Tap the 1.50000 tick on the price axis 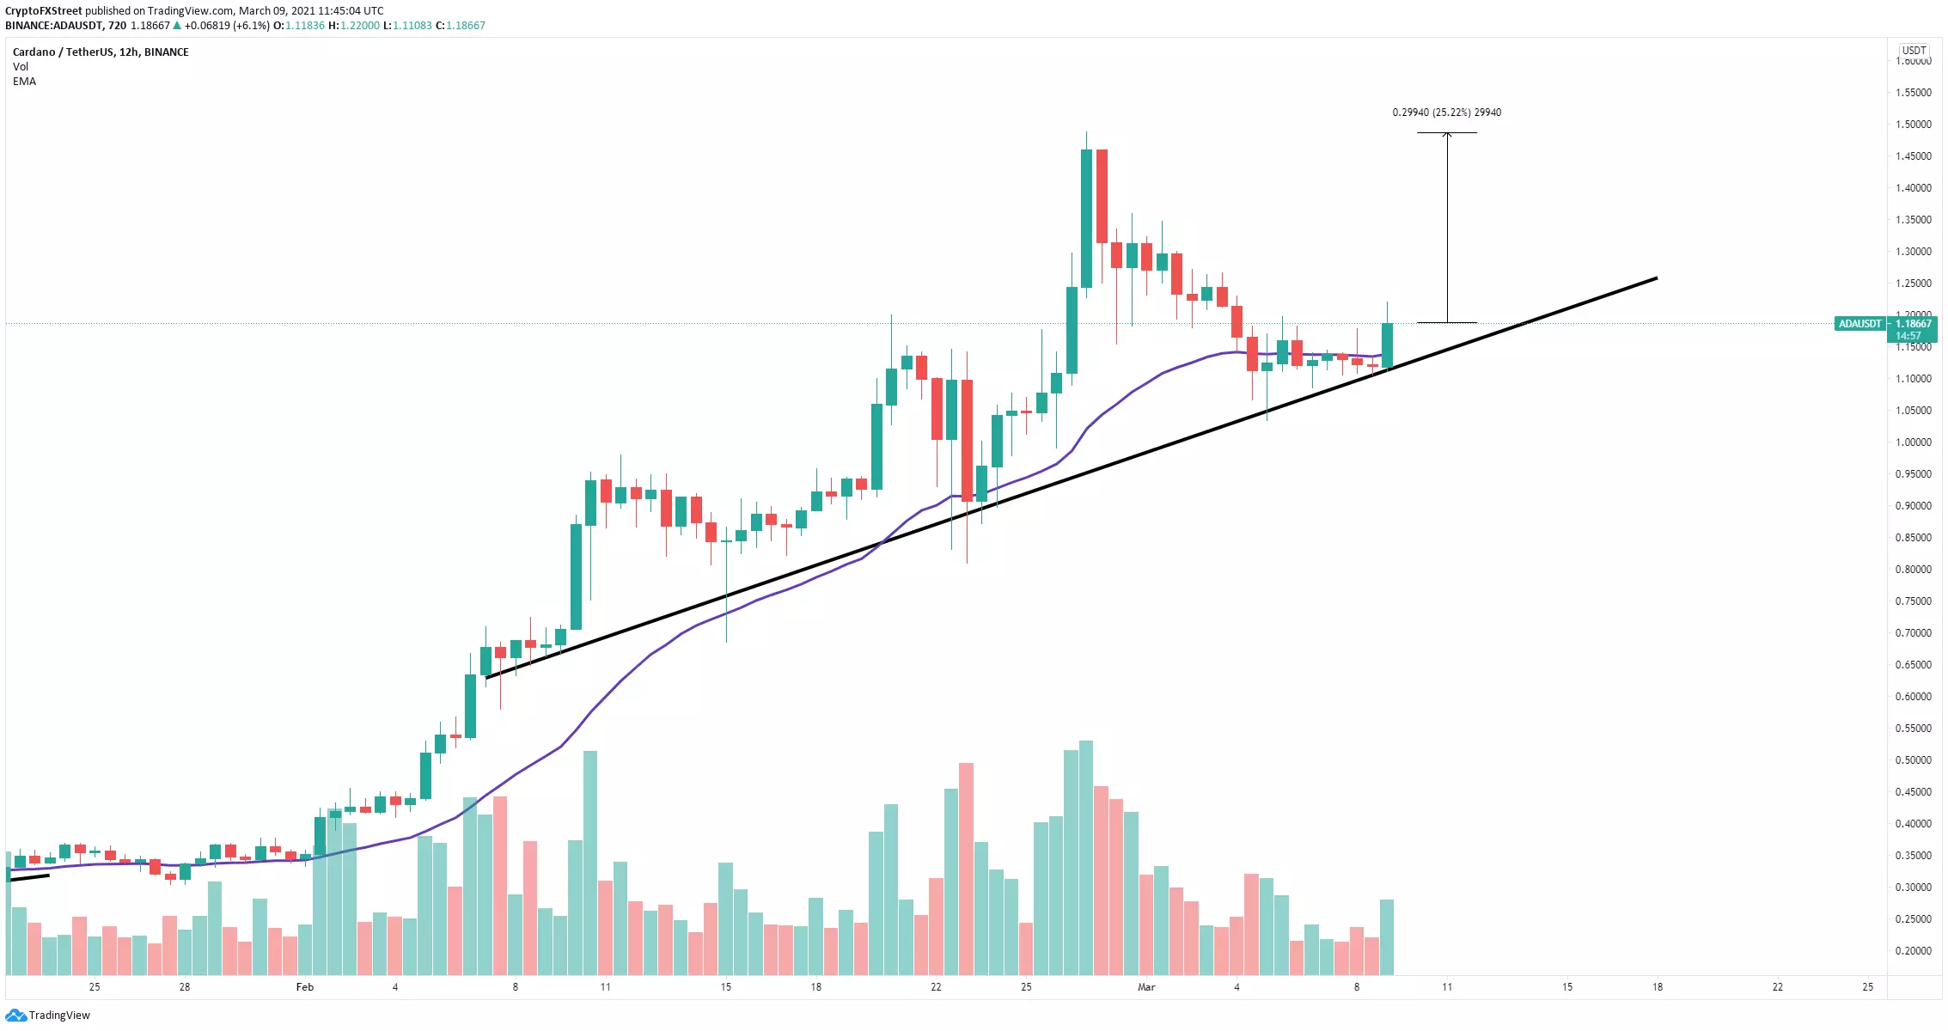point(1913,125)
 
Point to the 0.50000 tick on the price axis point(1913,760)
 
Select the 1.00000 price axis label point(1913,442)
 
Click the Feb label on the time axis point(305,987)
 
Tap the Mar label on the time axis point(1146,987)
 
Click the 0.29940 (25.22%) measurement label point(1446,113)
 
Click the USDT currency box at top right point(1914,51)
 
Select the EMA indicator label point(24,82)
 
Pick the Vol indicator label point(21,67)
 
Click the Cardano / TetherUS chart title point(101,52)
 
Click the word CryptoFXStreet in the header point(44,11)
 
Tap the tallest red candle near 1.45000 point(1102,196)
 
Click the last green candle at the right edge point(1387,345)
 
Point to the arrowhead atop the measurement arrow point(1447,135)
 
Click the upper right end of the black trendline point(1654,278)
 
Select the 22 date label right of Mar point(1777,987)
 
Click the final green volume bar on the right point(1387,936)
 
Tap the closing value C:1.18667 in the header point(461,26)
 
